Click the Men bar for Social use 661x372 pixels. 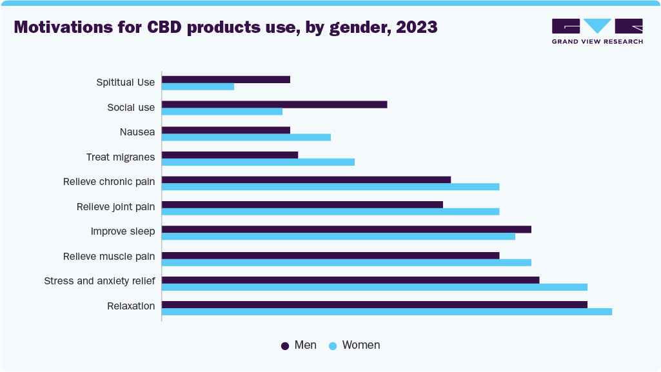pyautogui.click(x=274, y=104)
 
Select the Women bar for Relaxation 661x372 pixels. pyautogui.click(x=386, y=312)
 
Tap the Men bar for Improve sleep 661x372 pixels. pyautogui.click(x=346, y=230)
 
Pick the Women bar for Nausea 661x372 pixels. pyautogui.click(x=246, y=137)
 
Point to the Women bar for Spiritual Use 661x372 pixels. pyautogui.click(x=197, y=86)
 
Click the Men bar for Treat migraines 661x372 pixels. pyautogui.click(x=230, y=155)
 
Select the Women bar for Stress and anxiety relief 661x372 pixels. pyautogui.click(x=374, y=287)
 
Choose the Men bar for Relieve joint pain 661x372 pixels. pyautogui.click(x=302, y=204)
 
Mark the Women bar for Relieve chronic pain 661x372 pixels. pyautogui.click(x=330, y=187)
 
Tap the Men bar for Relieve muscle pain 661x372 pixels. pyautogui.click(x=330, y=255)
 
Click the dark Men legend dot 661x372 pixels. pyautogui.click(x=285, y=346)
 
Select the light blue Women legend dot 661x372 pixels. pyautogui.click(x=333, y=346)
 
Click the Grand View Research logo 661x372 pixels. pyautogui.click(x=597, y=31)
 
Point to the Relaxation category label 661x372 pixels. pyautogui.click(x=131, y=306)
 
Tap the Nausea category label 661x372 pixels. pyautogui.click(x=137, y=132)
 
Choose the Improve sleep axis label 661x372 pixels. pyautogui.click(x=123, y=231)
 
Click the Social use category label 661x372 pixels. pyautogui.click(x=131, y=108)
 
